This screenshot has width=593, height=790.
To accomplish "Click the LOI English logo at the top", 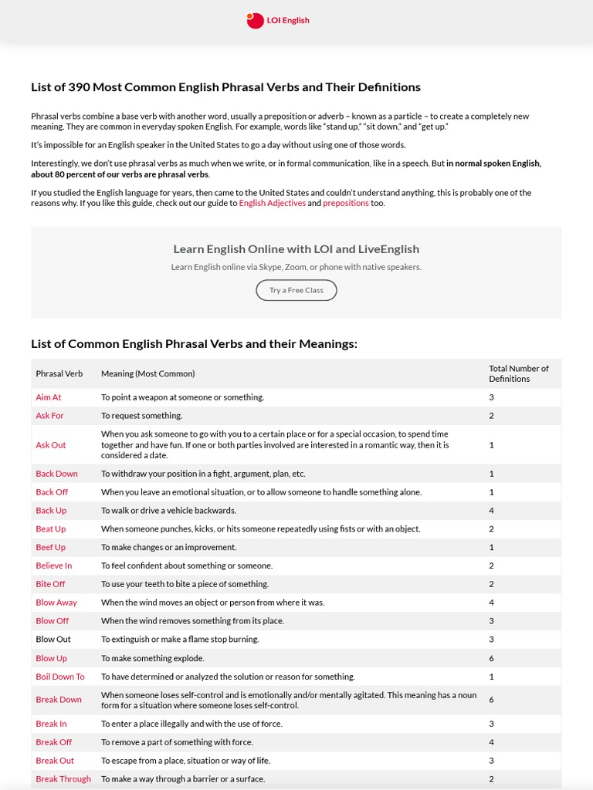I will [278, 21].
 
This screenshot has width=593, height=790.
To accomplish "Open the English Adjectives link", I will [272, 204].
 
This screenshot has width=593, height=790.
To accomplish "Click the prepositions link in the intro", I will [345, 204].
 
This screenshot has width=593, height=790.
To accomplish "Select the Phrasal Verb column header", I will [59, 373].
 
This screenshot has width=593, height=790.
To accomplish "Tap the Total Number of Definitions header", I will [518, 373].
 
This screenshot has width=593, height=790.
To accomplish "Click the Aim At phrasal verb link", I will [48, 397].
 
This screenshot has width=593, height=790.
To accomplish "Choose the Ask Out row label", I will [50, 445].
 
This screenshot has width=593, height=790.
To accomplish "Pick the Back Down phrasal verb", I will [56, 474].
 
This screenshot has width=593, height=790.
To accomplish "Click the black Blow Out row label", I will [53, 640].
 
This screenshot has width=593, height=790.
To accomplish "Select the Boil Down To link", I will [59, 677].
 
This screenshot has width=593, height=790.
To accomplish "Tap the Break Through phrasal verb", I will [63, 779].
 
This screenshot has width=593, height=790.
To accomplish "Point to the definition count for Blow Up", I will [491, 658].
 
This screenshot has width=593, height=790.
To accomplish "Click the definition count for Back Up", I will [491, 511].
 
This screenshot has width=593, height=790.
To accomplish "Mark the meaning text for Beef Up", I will [168, 547].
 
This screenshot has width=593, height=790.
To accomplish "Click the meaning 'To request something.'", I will [141, 416].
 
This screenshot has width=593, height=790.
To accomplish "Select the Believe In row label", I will [53, 565].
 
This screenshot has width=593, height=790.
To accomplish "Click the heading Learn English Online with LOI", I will [296, 249].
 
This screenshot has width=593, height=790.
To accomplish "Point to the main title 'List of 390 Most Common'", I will [225, 87].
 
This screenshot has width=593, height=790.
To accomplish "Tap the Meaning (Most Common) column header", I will [147, 373].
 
